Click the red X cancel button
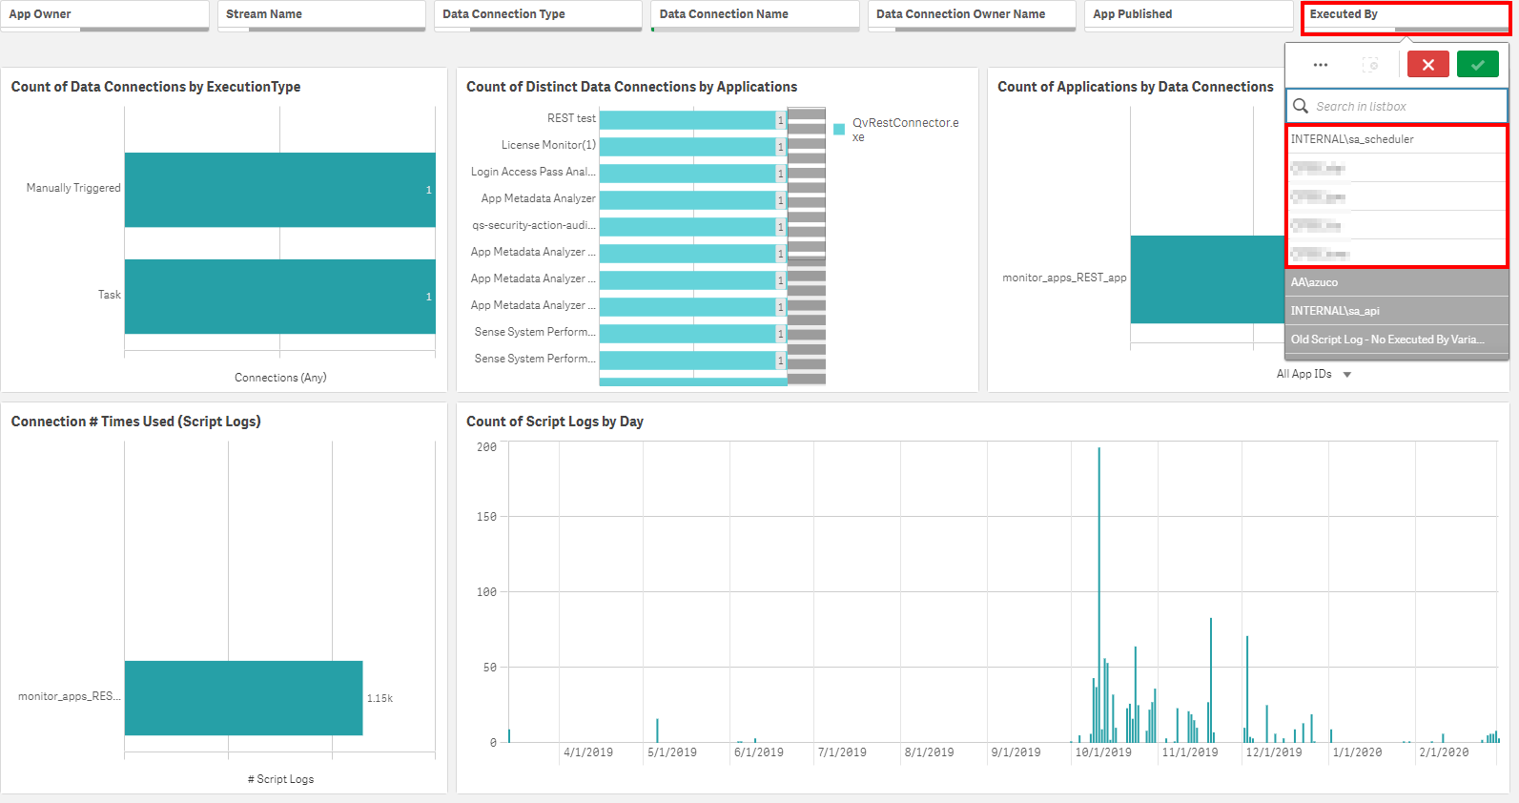click(x=1427, y=65)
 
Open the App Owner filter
click(x=105, y=14)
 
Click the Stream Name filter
click(x=321, y=14)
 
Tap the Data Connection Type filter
click(x=538, y=14)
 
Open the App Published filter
click(x=1188, y=14)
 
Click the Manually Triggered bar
click(x=279, y=190)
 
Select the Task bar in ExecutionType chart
click(x=279, y=297)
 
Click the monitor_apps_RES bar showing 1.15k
click(x=243, y=698)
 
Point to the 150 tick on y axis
click(x=486, y=517)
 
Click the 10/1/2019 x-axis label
click(x=1103, y=752)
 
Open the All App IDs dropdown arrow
click(x=1347, y=375)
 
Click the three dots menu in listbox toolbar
click(x=1321, y=65)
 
